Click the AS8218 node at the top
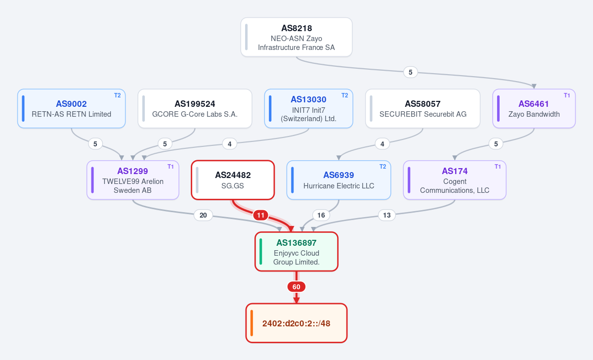pos(296,37)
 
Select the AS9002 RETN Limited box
pos(72,109)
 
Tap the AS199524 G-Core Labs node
pos(195,109)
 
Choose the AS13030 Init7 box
pos(309,109)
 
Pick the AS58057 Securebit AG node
pos(423,109)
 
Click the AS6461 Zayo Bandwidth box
pos(534,109)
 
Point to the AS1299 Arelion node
pos(133,180)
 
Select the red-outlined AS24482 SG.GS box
pos(233,180)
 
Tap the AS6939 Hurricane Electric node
pos(339,180)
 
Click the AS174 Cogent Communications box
pos(455,180)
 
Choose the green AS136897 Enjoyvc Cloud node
pos(296,252)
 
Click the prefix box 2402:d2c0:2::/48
pos(296,323)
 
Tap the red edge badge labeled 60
pos(296,287)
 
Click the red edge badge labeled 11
pos(261,215)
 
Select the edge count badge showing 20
pos(203,215)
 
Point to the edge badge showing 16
pos(321,215)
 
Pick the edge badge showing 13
pos(387,215)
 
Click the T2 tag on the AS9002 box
pos(117,95)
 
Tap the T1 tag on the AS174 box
pos(498,167)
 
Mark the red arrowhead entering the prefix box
pos(296,300)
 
